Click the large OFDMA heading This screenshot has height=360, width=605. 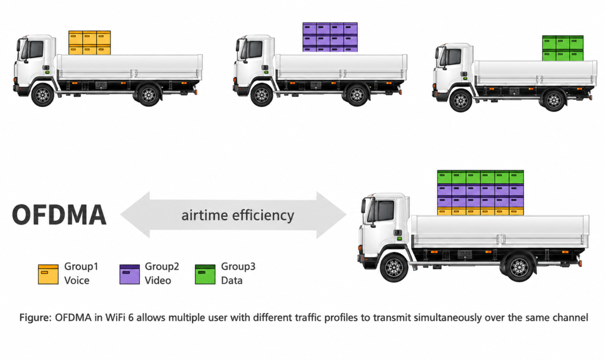point(59,215)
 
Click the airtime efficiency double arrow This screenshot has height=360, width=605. point(233,215)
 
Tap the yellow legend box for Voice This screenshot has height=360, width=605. point(48,274)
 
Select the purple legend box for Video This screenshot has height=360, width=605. point(130,274)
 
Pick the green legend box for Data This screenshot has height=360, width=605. point(205,274)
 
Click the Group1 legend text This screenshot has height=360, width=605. point(81,267)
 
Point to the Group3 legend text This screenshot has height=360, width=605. point(238,267)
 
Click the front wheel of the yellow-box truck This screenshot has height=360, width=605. point(43,95)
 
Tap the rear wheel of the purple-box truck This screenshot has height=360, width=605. point(357,95)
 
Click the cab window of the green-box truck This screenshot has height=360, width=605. point(455,56)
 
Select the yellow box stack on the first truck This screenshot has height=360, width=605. point(89,43)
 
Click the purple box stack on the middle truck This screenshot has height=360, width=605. point(330,37)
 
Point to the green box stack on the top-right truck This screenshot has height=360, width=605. point(563,48)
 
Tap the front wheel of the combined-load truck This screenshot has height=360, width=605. point(394,268)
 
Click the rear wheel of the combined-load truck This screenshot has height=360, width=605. point(519,268)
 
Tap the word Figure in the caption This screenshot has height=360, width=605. point(35,318)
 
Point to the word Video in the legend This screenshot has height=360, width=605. point(158,281)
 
